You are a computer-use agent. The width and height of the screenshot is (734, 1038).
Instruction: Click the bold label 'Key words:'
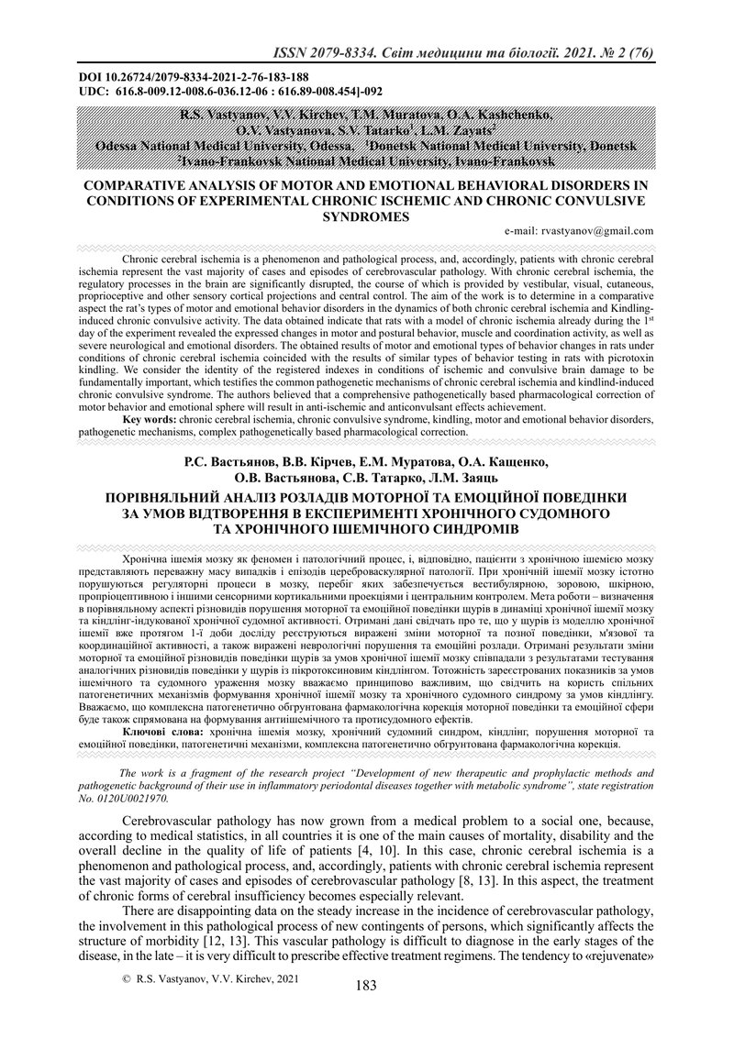tap(150, 419)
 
